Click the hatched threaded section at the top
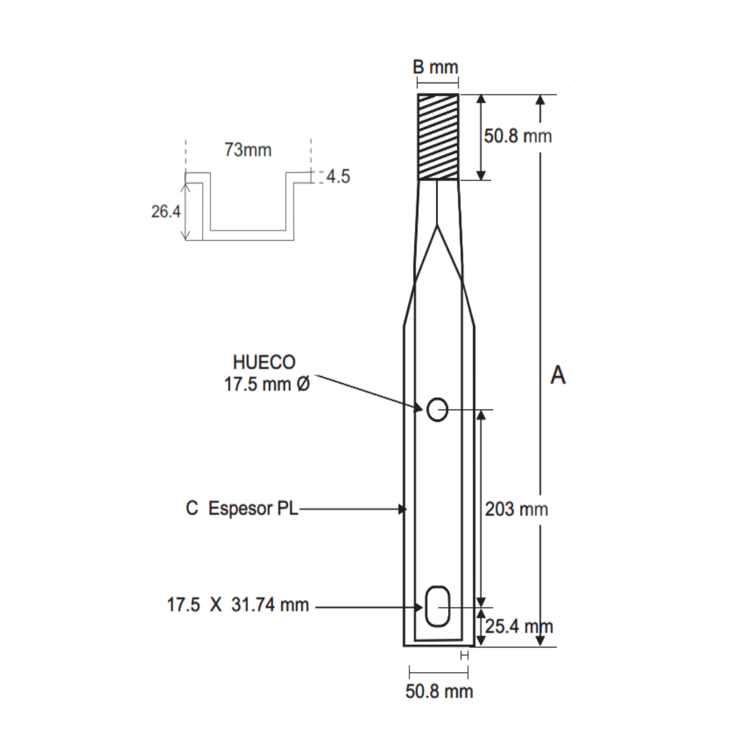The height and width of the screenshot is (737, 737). (438, 136)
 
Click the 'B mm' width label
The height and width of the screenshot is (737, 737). (435, 67)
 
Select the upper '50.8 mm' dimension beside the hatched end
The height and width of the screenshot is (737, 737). (517, 136)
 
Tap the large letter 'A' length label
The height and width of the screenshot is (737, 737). (558, 375)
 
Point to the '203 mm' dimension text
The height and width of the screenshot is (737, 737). (515, 508)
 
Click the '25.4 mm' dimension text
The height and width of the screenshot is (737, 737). (518, 625)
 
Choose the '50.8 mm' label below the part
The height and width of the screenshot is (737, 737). (439, 691)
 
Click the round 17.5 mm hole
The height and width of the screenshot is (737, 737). (437, 409)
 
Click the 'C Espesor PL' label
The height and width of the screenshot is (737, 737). (242, 508)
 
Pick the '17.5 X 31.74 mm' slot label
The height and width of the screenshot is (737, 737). (237, 605)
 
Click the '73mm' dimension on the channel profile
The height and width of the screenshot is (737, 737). (248, 150)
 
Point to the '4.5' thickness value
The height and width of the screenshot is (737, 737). (338, 177)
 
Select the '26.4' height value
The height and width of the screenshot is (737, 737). (165, 212)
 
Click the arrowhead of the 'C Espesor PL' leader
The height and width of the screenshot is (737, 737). (403, 508)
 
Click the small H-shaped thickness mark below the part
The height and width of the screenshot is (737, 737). (465, 655)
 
